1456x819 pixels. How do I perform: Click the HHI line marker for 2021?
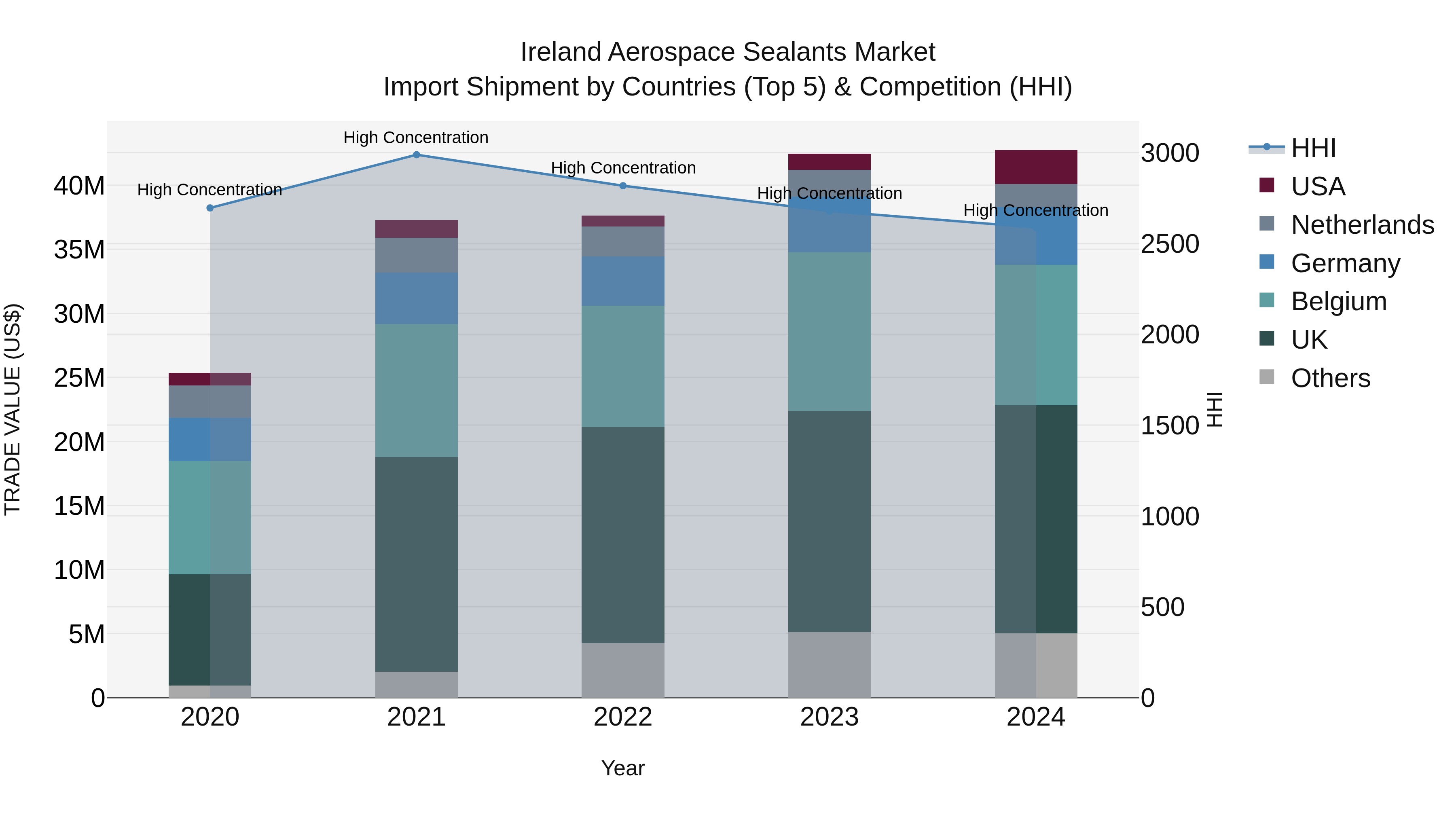[416, 155]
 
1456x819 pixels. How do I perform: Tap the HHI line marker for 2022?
[623, 186]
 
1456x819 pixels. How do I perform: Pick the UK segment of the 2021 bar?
[416, 564]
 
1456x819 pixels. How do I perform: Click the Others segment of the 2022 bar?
[623, 670]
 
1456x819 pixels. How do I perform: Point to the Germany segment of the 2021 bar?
[416, 298]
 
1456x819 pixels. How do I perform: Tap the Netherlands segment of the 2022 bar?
[623, 241]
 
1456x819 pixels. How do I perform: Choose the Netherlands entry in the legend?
[1362, 225]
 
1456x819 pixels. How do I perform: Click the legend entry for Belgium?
[1338, 301]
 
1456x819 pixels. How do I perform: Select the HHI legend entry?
[1312, 148]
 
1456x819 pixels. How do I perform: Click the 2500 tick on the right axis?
[1169, 244]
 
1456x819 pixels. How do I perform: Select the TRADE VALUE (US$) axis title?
[13, 409]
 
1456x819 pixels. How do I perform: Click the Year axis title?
[623, 768]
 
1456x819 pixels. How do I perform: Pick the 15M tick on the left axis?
[79, 506]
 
